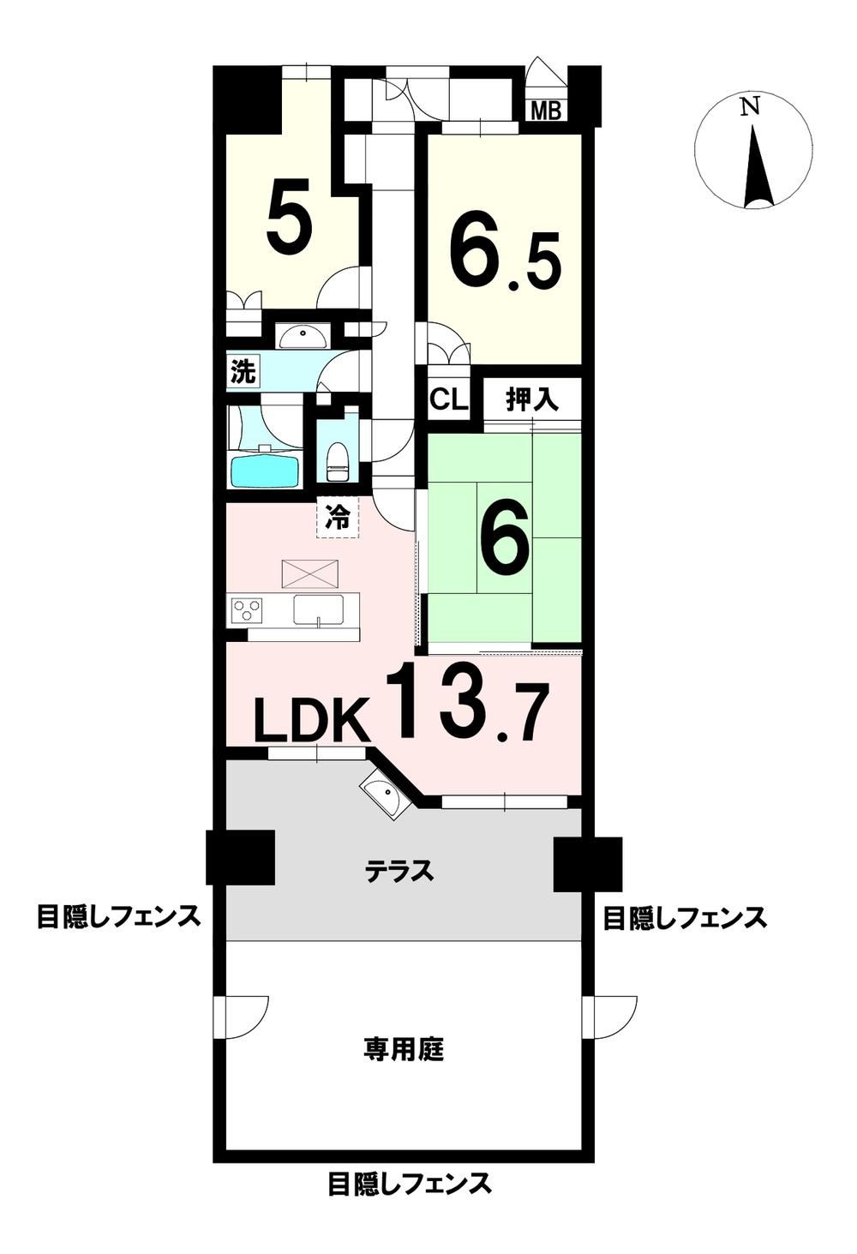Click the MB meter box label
[x=546, y=111]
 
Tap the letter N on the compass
[x=750, y=105]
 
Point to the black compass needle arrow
[x=758, y=166]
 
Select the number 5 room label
[x=289, y=215]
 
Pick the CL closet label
[x=448, y=400]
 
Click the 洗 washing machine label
[x=243, y=372]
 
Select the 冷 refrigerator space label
[x=339, y=518]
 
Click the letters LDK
[x=312, y=719]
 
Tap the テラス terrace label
[x=399, y=871]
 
